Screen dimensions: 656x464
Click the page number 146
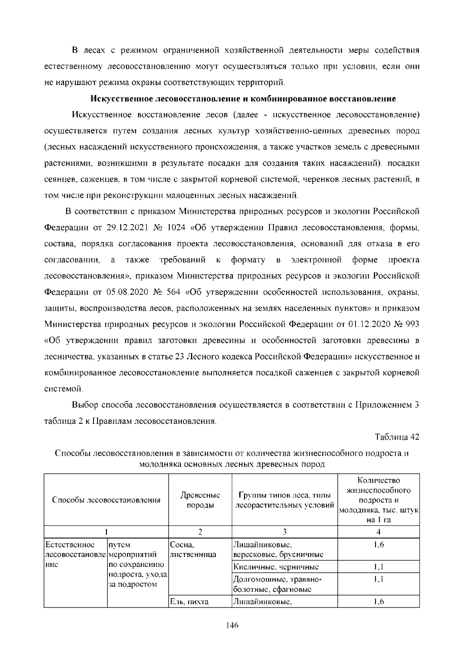coord(232,625)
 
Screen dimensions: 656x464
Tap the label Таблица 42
coord(397,437)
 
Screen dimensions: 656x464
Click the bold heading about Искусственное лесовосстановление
coord(243,99)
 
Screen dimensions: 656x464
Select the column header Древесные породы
coord(200,500)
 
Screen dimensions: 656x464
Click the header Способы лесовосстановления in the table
coord(106,500)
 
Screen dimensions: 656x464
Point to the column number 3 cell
coord(285,532)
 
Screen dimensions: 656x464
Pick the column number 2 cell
coord(200,532)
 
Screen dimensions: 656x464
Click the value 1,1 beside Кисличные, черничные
coord(379,567)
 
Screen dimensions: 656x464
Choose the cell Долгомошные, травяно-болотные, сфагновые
coord(278,584)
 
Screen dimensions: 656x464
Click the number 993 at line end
coord(411,324)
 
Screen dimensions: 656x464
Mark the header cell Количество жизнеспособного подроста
coord(379,500)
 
